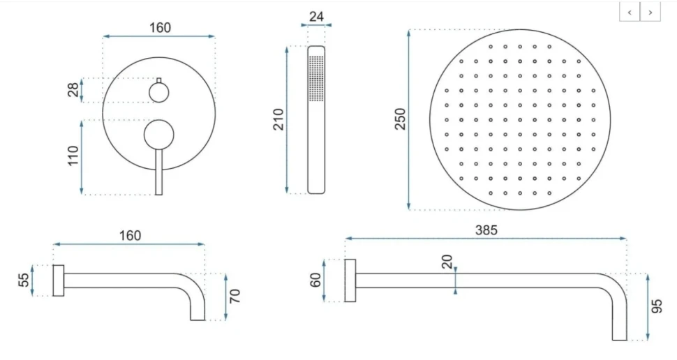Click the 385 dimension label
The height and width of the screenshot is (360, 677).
click(486, 230)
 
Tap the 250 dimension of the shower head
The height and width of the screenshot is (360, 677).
click(401, 119)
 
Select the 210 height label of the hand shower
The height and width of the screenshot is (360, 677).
click(279, 119)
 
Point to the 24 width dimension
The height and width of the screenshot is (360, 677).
click(316, 17)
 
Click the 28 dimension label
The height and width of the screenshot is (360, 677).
click(73, 89)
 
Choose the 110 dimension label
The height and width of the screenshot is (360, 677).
click(73, 156)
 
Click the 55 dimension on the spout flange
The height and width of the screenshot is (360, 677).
click(24, 280)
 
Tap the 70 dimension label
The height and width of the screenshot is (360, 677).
click(235, 296)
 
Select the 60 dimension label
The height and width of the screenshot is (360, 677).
click(315, 280)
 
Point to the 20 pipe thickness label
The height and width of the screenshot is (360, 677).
click(447, 262)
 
